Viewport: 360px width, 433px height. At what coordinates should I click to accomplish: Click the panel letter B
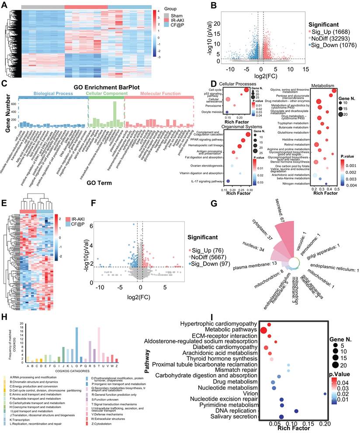click(x=213, y=5)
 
